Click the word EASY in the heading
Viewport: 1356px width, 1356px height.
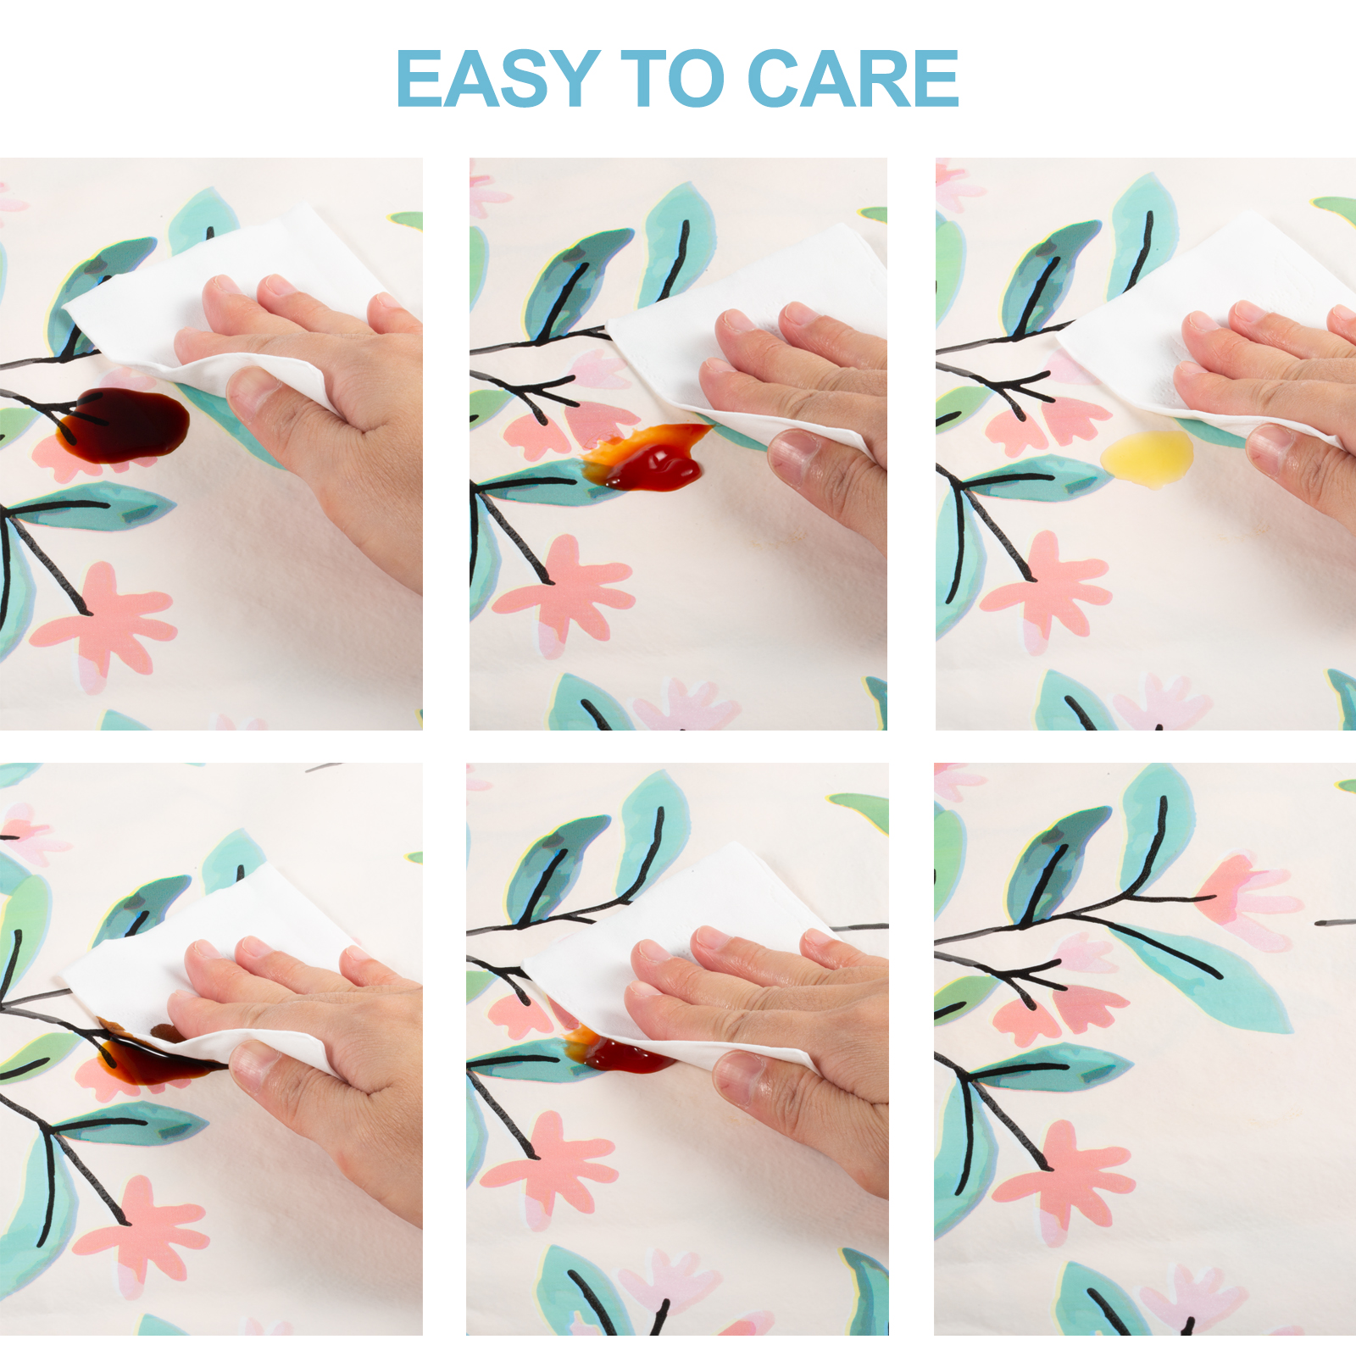(x=498, y=78)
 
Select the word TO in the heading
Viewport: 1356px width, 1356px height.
(x=673, y=78)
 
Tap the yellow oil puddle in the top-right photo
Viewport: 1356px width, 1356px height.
(x=1148, y=458)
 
